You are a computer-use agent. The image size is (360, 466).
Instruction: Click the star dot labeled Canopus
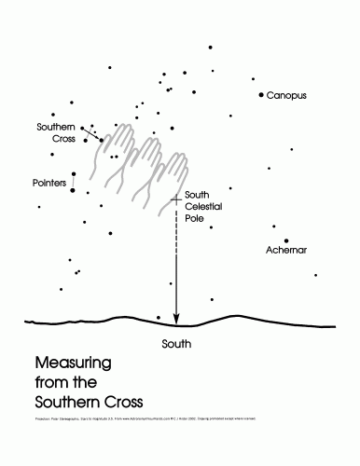261,95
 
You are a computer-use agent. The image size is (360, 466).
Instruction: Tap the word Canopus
286,96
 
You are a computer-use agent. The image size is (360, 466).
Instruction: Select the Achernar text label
286,251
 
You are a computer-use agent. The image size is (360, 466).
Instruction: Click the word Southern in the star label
55,127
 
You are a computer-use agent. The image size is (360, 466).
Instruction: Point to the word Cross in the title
120,402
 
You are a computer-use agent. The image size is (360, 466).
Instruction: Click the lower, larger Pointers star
72,189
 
